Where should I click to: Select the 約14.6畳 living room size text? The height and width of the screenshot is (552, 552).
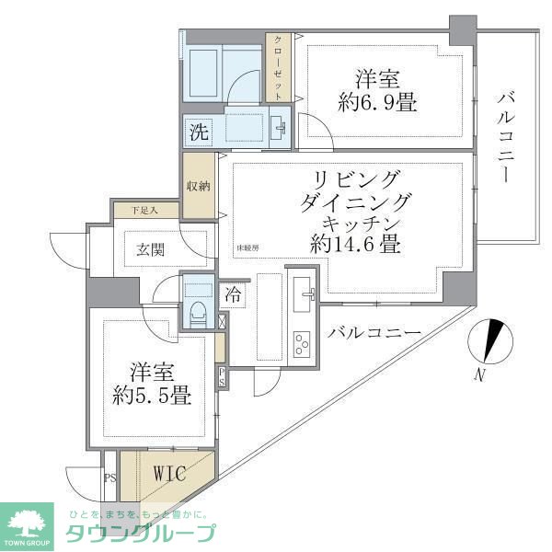coord(354,245)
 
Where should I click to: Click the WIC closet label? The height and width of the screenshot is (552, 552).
coord(169,475)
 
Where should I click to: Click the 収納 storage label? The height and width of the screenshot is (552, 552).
coord(198,186)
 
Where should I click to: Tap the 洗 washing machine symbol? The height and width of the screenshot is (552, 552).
coord(198,132)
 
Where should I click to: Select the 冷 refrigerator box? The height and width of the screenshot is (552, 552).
coord(236,295)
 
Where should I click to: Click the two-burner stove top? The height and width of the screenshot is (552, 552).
coord(303,346)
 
